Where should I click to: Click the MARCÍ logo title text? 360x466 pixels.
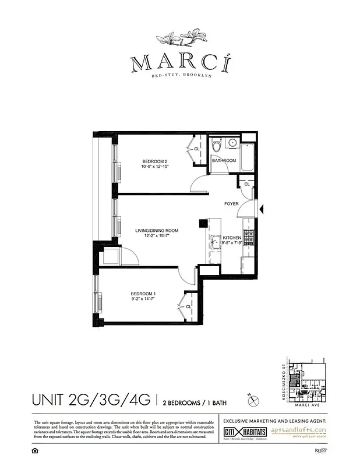[x=179, y=63]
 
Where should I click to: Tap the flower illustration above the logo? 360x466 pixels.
[x=179, y=40]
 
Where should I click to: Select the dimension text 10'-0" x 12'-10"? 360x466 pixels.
[x=154, y=167]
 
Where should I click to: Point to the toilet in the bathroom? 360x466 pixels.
[x=217, y=145]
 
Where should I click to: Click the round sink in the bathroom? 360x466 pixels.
[x=232, y=142]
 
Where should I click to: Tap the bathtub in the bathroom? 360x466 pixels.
[x=247, y=155]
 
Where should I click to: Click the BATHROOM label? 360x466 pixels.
[x=224, y=160]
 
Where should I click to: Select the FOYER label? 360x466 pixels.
[x=234, y=204]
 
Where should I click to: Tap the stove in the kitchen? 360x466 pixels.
[x=248, y=237]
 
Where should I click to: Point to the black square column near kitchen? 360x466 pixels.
[x=202, y=223]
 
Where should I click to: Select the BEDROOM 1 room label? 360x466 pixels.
[x=143, y=292]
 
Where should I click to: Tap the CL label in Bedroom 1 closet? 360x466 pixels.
[x=189, y=306]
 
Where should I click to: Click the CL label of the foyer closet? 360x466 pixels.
[x=247, y=184]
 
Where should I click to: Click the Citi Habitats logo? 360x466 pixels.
[x=245, y=432]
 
